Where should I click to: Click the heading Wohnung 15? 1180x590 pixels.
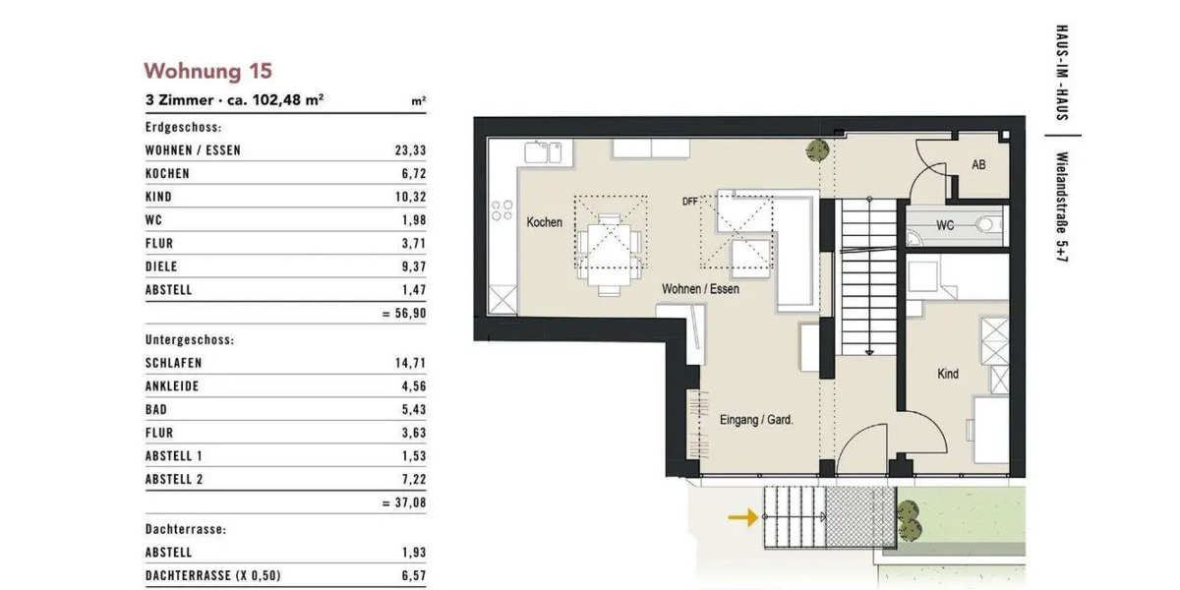coord(207,71)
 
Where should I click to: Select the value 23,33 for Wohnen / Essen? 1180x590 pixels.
coord(410,150)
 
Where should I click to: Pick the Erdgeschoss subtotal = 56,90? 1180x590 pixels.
coord(403,314)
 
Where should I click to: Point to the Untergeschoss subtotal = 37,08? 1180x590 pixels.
coord(403,502)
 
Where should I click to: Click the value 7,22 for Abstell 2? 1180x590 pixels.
coord(413,480)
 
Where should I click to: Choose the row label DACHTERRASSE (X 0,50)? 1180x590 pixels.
coord(218,576)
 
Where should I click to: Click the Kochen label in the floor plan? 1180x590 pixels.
coord(544,222)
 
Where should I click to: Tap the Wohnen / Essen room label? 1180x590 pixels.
coord(700,289)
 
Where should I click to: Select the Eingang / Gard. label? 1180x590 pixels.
coord(756,419)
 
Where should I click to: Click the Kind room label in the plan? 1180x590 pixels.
coord(948,374)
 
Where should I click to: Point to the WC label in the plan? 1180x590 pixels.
coord(944,225)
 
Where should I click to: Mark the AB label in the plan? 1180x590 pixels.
coord(978,165)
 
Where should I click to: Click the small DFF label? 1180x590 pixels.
coord(689,202)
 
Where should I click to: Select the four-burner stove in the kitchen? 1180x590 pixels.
coord(501,210)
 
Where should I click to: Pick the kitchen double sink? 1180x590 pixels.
coord(542,152)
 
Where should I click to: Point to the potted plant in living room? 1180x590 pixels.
coord(815,150)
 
